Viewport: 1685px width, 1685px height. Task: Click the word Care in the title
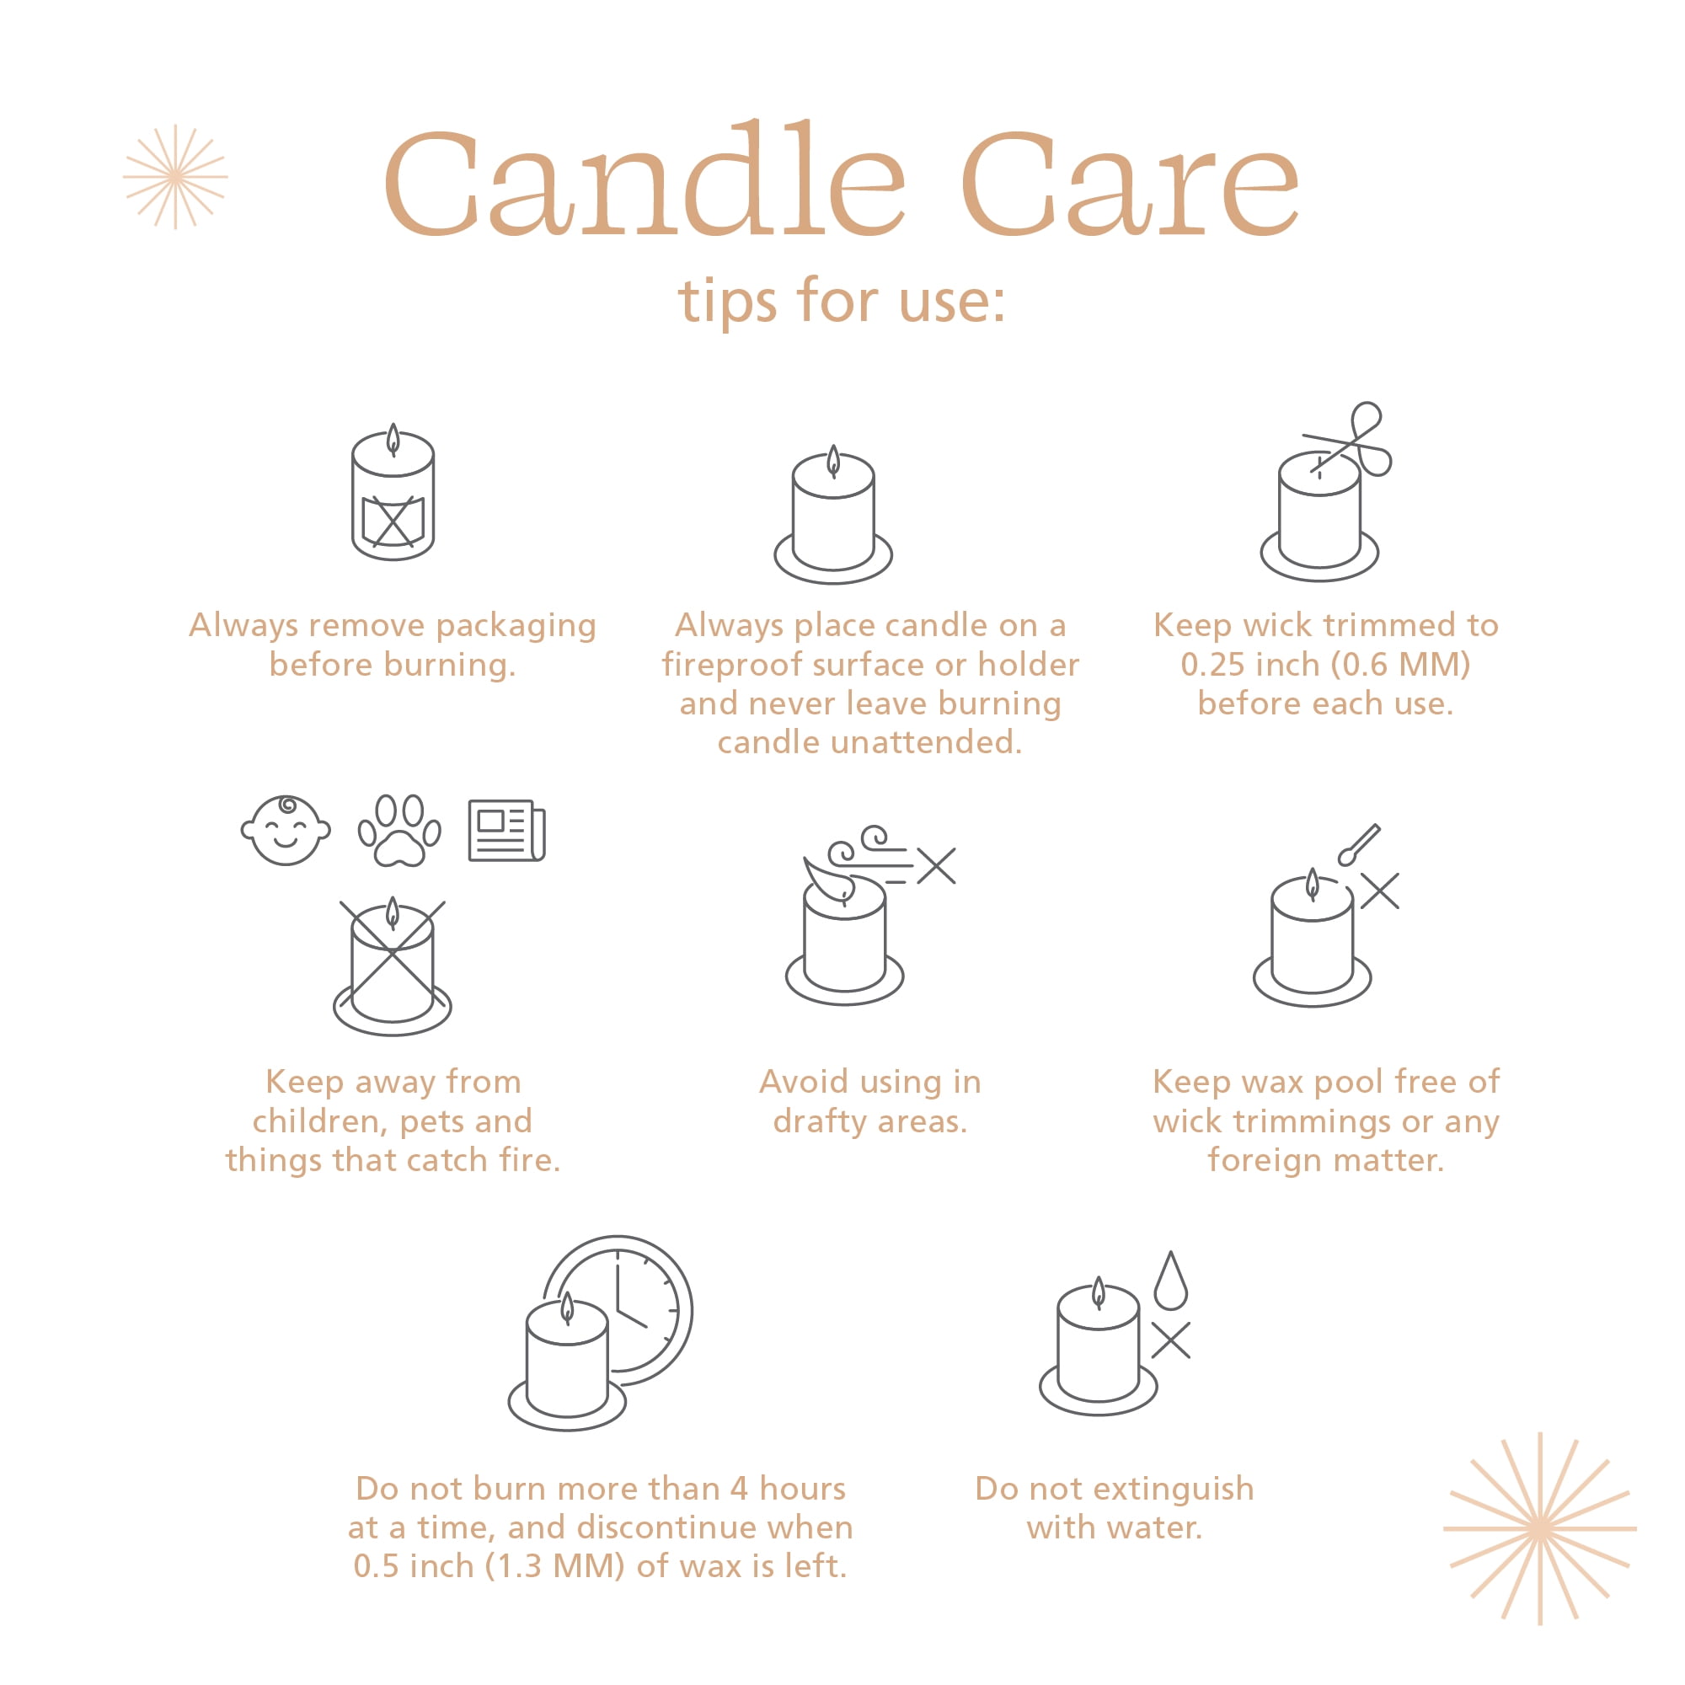[x=1131, y=185]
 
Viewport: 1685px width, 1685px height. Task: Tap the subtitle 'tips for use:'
[x=842, y=301]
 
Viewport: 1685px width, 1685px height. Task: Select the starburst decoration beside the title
[x=175, y=177]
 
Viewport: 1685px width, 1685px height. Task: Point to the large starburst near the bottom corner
[x=1540, y=1528]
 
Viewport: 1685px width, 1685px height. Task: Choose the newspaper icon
[x=506, y=831]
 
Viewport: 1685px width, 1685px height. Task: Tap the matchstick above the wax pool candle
[x=1359, y=844]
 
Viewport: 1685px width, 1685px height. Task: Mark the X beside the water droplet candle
[x=1170, y=1340]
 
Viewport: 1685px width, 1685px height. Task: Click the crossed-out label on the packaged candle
[x=393, y=522]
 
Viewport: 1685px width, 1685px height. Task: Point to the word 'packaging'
[x=516, y=627]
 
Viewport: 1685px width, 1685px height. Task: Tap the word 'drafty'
[x=820, y=1121]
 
